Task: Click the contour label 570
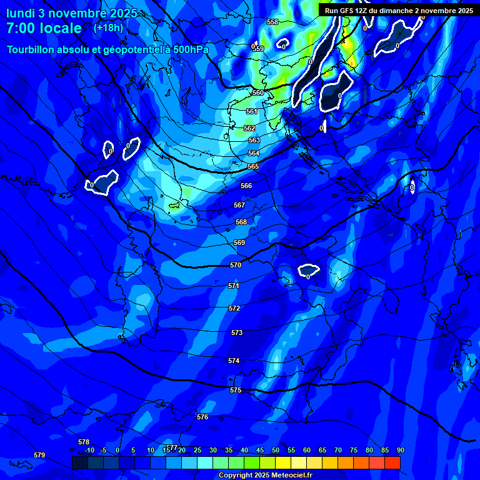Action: click(236, 266)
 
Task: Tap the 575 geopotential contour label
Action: click(236, 390)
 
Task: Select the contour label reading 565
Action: click(253, 167)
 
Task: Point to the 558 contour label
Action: click(272, 22)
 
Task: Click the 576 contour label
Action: click(202, 417)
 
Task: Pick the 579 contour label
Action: click(39, 455)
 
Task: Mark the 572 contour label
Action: click(235, 309)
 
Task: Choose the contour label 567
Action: click(239, 206)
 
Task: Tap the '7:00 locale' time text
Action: click(44, 29)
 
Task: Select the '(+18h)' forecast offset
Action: click(108, 27)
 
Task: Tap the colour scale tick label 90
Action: click(400, 450)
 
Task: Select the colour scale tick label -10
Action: click(89, 450)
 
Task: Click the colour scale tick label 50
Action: click(276, 450)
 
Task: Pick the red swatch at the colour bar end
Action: click(392, 462)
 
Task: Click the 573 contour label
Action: click(237, 333)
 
